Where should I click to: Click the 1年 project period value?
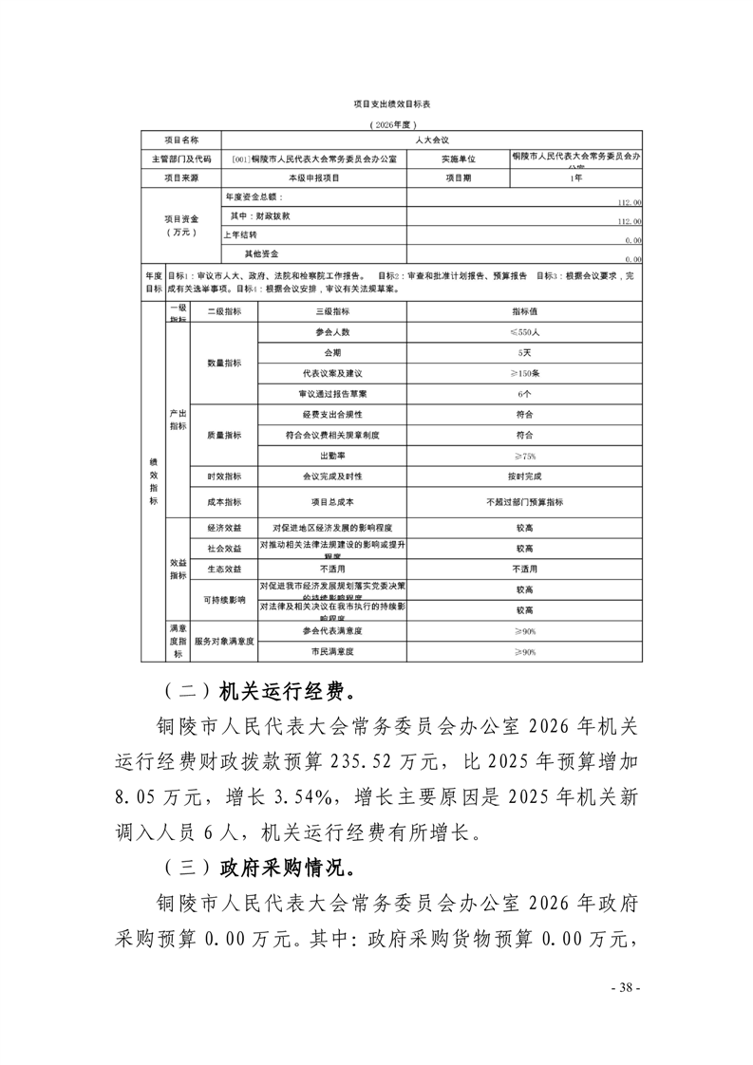pos(576,177)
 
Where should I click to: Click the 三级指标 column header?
pos(331,311)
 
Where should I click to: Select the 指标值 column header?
pos(525,311)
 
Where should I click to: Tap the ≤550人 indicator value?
pos(525,332)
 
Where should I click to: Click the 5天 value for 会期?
pos(525,353)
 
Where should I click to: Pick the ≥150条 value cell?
pos(525,373)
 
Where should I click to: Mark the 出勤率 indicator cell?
pos(331,456)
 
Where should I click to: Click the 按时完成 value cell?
pos(525,476)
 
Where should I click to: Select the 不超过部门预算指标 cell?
pos(525,501)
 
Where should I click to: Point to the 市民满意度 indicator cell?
pos(331,652)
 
